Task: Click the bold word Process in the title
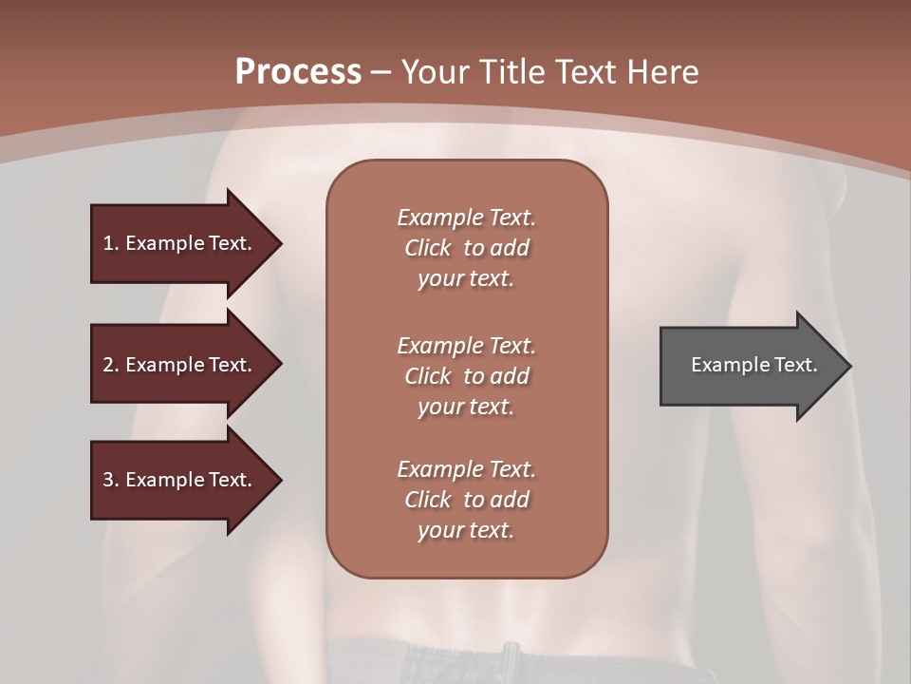[x=298, y=71]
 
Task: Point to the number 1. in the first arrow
[x=111, y=243]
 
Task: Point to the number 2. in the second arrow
[x=111, y=365]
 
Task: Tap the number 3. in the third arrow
[x=111, y=480]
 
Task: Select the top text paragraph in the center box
[x=466, y=248]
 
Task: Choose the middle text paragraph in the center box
[x=466, y=375]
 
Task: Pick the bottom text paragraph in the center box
[x=466, y=500]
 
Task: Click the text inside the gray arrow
[x=753, y=365]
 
